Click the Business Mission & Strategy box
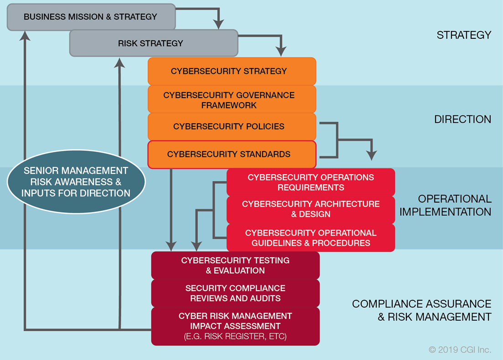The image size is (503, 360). (90, 17)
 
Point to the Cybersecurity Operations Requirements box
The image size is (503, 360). (311, 182)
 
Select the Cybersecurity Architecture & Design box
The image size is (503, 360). (311, 209)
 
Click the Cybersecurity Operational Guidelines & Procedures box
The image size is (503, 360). (311, 238)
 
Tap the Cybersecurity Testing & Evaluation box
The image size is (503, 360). (235, 265)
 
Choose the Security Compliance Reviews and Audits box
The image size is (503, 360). (235, 293)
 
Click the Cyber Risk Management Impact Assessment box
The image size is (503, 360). (235, 326)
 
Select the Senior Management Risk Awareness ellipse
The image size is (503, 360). (76, 182)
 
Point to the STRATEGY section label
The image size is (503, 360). (464, 35)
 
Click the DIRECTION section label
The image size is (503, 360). (462, 120)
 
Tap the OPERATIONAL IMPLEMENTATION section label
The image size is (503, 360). (454, 205)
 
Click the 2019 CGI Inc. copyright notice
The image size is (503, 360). (460, 350)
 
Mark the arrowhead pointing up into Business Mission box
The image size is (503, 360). (25, 35)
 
